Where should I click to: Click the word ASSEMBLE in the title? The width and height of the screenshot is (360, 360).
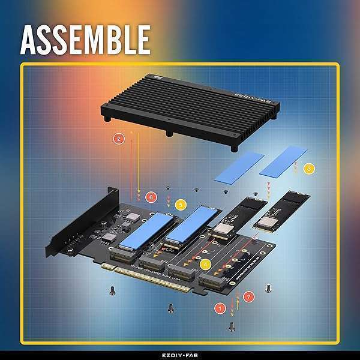(x=85, y=40)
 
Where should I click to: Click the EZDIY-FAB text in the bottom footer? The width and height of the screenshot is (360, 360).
(x=179, y=354)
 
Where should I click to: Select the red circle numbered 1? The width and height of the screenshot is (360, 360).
(x=220, y=308)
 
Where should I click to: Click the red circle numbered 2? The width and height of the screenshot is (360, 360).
(x=119, y=139)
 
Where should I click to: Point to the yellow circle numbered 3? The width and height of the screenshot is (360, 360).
(x=308, y=169)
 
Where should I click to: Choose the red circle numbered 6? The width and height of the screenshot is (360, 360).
(x=151, y=196)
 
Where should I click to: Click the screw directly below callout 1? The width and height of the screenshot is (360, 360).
(x=232, y=325)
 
